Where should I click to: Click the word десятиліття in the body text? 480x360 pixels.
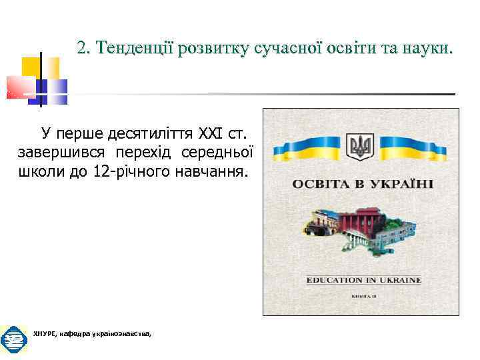pyautogui.click(x=125, y=130)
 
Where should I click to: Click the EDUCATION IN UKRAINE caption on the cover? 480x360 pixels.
pyautogui.click(x=363, y=280)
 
